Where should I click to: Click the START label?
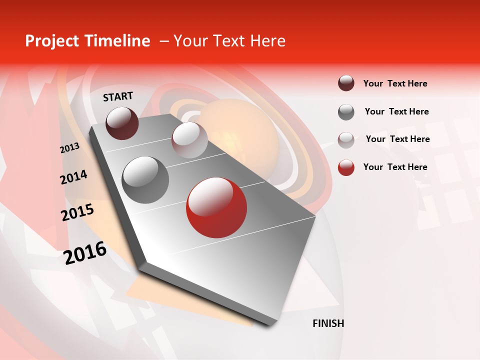(x=118, y=96)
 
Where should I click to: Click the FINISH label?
(x=328, y=323)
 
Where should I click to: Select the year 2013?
(x=69, y=148)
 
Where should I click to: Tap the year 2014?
(x=73, y=177)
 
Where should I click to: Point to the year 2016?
(x=85, y=253)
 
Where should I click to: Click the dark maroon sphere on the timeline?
(x=122, y=123)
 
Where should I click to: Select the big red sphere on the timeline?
(x=216, y=207)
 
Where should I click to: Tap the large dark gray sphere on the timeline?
(x=145, y=179)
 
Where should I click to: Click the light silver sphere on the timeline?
(x=189, y=140)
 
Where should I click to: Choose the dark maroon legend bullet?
(x=346, y=83)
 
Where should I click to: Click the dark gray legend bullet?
(x=346, y=112)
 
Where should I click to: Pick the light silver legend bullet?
(x=346, y=140)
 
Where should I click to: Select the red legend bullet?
(x=346, y=167)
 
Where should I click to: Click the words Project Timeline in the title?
(x=87, y=41)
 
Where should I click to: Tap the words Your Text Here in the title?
(x=229, y=41)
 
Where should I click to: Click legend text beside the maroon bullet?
(x=395, y=83)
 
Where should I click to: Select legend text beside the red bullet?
(x=395, y=167)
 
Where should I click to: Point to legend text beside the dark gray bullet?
(x=396, y=111)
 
